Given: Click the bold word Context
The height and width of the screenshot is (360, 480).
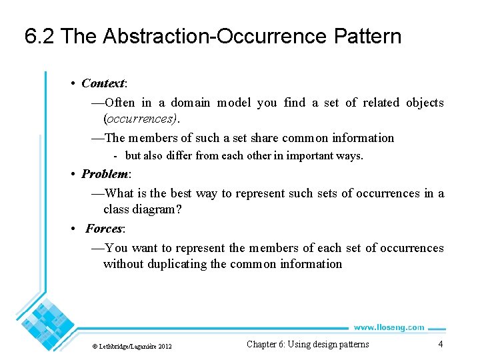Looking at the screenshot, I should pos(103,83).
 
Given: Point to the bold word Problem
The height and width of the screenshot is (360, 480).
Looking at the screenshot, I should pos(105,174).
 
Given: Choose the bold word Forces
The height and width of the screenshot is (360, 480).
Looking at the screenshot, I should pos(104,229).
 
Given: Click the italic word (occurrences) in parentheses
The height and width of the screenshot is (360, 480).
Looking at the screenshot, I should pos(141,119).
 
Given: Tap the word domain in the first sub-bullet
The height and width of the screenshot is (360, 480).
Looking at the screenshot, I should pos(191,103).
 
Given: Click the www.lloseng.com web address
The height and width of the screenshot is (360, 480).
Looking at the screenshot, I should pos(389,327).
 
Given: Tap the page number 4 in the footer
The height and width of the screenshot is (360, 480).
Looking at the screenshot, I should pos(440,344).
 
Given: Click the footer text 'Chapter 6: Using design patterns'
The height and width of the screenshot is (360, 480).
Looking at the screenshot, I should pos(307,344).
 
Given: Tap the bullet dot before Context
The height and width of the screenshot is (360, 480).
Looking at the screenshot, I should pos(73,84).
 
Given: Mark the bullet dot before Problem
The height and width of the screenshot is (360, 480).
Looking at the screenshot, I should pos(73,175).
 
